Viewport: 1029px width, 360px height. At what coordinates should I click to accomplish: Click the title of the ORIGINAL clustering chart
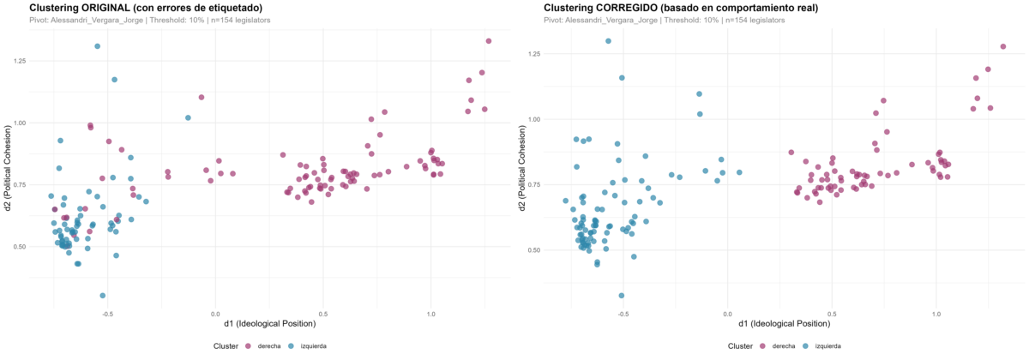146,8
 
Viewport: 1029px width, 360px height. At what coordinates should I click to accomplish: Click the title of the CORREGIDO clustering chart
681,8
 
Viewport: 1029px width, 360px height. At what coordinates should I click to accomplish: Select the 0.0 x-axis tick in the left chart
215,314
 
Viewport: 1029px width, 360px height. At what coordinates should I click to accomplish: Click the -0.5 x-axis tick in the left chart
106,314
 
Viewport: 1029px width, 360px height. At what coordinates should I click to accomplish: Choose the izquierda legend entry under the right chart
822,345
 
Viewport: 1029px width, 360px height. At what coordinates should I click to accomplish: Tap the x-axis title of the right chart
784,323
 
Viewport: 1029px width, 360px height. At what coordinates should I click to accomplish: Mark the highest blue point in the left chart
98,46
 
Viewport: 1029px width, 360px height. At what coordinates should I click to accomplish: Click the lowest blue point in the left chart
102,296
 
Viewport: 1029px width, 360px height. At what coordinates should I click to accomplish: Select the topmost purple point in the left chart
488,41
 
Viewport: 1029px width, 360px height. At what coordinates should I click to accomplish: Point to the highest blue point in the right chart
608,41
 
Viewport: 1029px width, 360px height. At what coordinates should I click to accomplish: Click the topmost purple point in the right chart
1002,46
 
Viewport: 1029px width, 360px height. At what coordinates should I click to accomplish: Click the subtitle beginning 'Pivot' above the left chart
150,21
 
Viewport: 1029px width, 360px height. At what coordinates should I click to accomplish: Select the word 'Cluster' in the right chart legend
740,346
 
